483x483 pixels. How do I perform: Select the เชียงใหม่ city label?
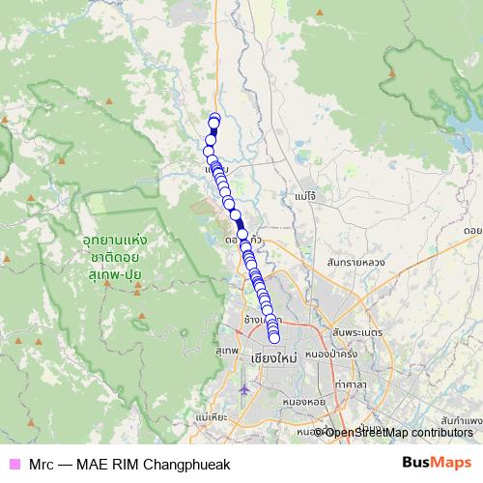[272, 357]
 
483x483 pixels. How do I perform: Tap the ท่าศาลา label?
[354, 384]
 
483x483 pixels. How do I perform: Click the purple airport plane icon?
[243, 390]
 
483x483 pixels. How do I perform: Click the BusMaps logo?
[437, 463]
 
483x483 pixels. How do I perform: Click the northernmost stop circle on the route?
[214, 119]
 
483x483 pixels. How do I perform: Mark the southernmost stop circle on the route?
[273, 337]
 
